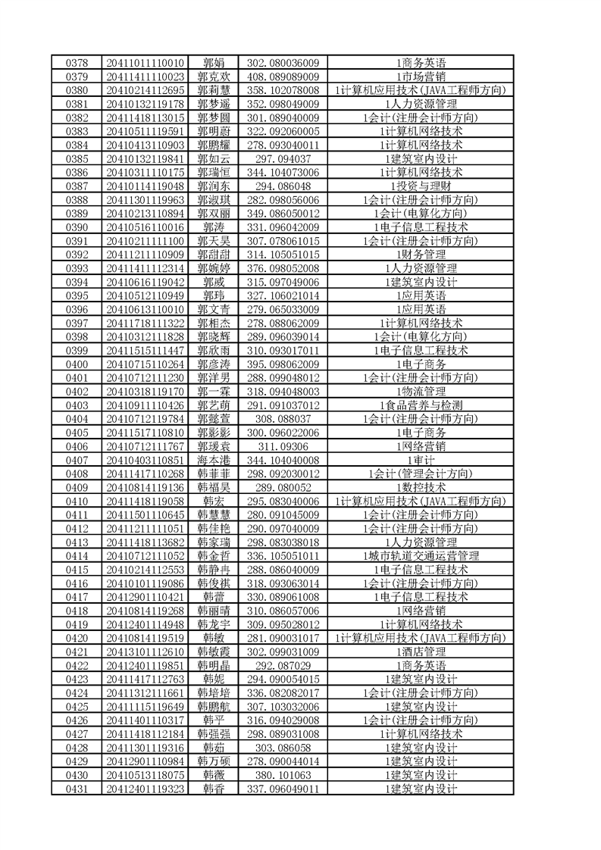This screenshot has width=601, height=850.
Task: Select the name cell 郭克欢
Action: (x=214, y=77)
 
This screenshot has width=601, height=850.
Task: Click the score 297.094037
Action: (x=283, y=158)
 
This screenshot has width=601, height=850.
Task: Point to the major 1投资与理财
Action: (x=421, y=186)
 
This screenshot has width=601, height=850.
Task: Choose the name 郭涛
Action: (x=214, y=227)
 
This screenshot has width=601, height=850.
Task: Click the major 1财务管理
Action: (x=421, y=254)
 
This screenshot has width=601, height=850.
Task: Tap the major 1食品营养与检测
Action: (x=421, y=405)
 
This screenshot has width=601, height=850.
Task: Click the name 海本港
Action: (x=214, y=459)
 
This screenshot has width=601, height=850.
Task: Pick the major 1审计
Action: (x=421, y=459)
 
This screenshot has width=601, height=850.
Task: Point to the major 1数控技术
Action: (x=421, y=487)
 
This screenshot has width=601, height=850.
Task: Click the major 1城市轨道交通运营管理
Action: (x=421, y=555)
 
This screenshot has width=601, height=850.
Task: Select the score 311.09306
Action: (x=283, y=445)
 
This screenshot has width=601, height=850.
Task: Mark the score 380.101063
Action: (x=283, y=774)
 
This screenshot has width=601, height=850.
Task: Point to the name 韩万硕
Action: (x=214, y=761)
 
